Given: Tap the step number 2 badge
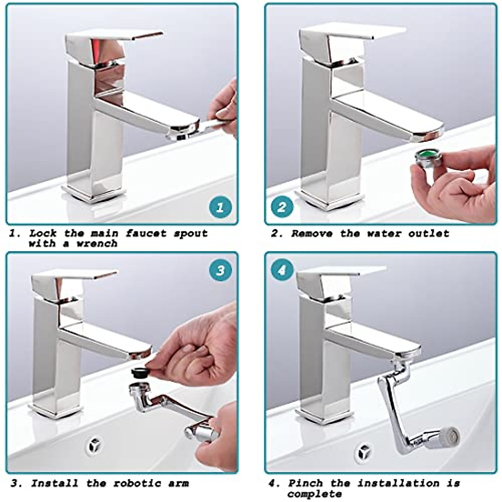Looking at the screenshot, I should (x=282, y=207).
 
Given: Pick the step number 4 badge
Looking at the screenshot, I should (x=282, y=270).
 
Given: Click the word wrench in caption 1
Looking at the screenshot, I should (x=97, y=244).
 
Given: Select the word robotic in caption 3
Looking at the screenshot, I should (x=134, y=484).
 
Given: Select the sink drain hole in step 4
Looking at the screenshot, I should (x=362, y=453).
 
